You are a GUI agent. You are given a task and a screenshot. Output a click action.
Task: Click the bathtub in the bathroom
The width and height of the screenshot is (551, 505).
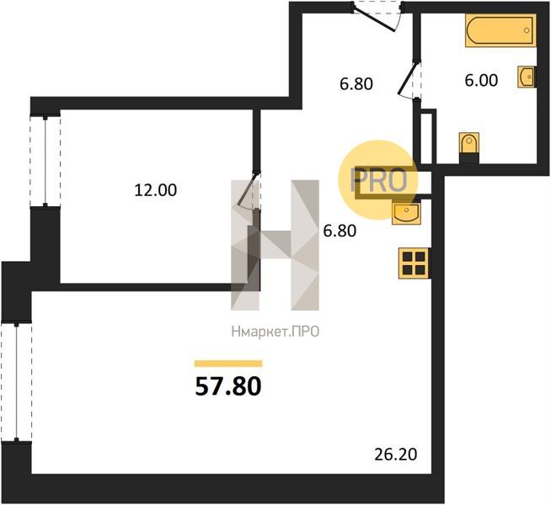tap(500, 30)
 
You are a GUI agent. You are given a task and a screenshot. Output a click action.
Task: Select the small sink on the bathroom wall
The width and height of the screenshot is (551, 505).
tap(527, 77)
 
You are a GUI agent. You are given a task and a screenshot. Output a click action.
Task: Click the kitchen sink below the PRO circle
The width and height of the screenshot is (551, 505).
tap(406, 213)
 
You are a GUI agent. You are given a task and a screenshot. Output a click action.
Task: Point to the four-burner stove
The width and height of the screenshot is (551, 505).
tap(414, 263)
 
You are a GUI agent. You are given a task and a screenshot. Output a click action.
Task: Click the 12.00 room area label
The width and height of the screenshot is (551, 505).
tap(156, 190)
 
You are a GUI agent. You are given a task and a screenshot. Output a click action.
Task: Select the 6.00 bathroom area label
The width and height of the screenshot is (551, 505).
tap(481, 80)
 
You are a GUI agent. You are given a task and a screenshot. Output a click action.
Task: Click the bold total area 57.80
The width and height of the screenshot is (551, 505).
tap(228, 386)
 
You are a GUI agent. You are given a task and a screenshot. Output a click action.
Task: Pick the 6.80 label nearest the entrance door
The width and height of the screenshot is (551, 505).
tap(356, 84)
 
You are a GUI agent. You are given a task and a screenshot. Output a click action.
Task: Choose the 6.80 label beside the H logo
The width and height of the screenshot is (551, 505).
tap(340, 231)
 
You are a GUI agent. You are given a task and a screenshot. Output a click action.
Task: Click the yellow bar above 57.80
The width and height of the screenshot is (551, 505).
tap(228, 364)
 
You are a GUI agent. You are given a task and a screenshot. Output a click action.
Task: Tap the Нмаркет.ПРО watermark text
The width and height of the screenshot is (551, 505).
tap(275, 332)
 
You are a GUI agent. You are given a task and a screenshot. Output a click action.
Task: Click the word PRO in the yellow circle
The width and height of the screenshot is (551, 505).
tap(379, 180)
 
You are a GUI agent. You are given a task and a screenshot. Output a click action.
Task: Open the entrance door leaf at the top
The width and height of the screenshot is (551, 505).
tap(375, 20)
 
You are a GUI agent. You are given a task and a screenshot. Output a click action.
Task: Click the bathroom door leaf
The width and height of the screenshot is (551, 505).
tap(408, 78)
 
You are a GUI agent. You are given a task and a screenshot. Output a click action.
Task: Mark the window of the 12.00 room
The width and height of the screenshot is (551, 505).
tap(45, 162)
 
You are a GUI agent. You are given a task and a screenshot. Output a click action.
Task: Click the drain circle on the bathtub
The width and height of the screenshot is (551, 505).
tap(527, 30)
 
